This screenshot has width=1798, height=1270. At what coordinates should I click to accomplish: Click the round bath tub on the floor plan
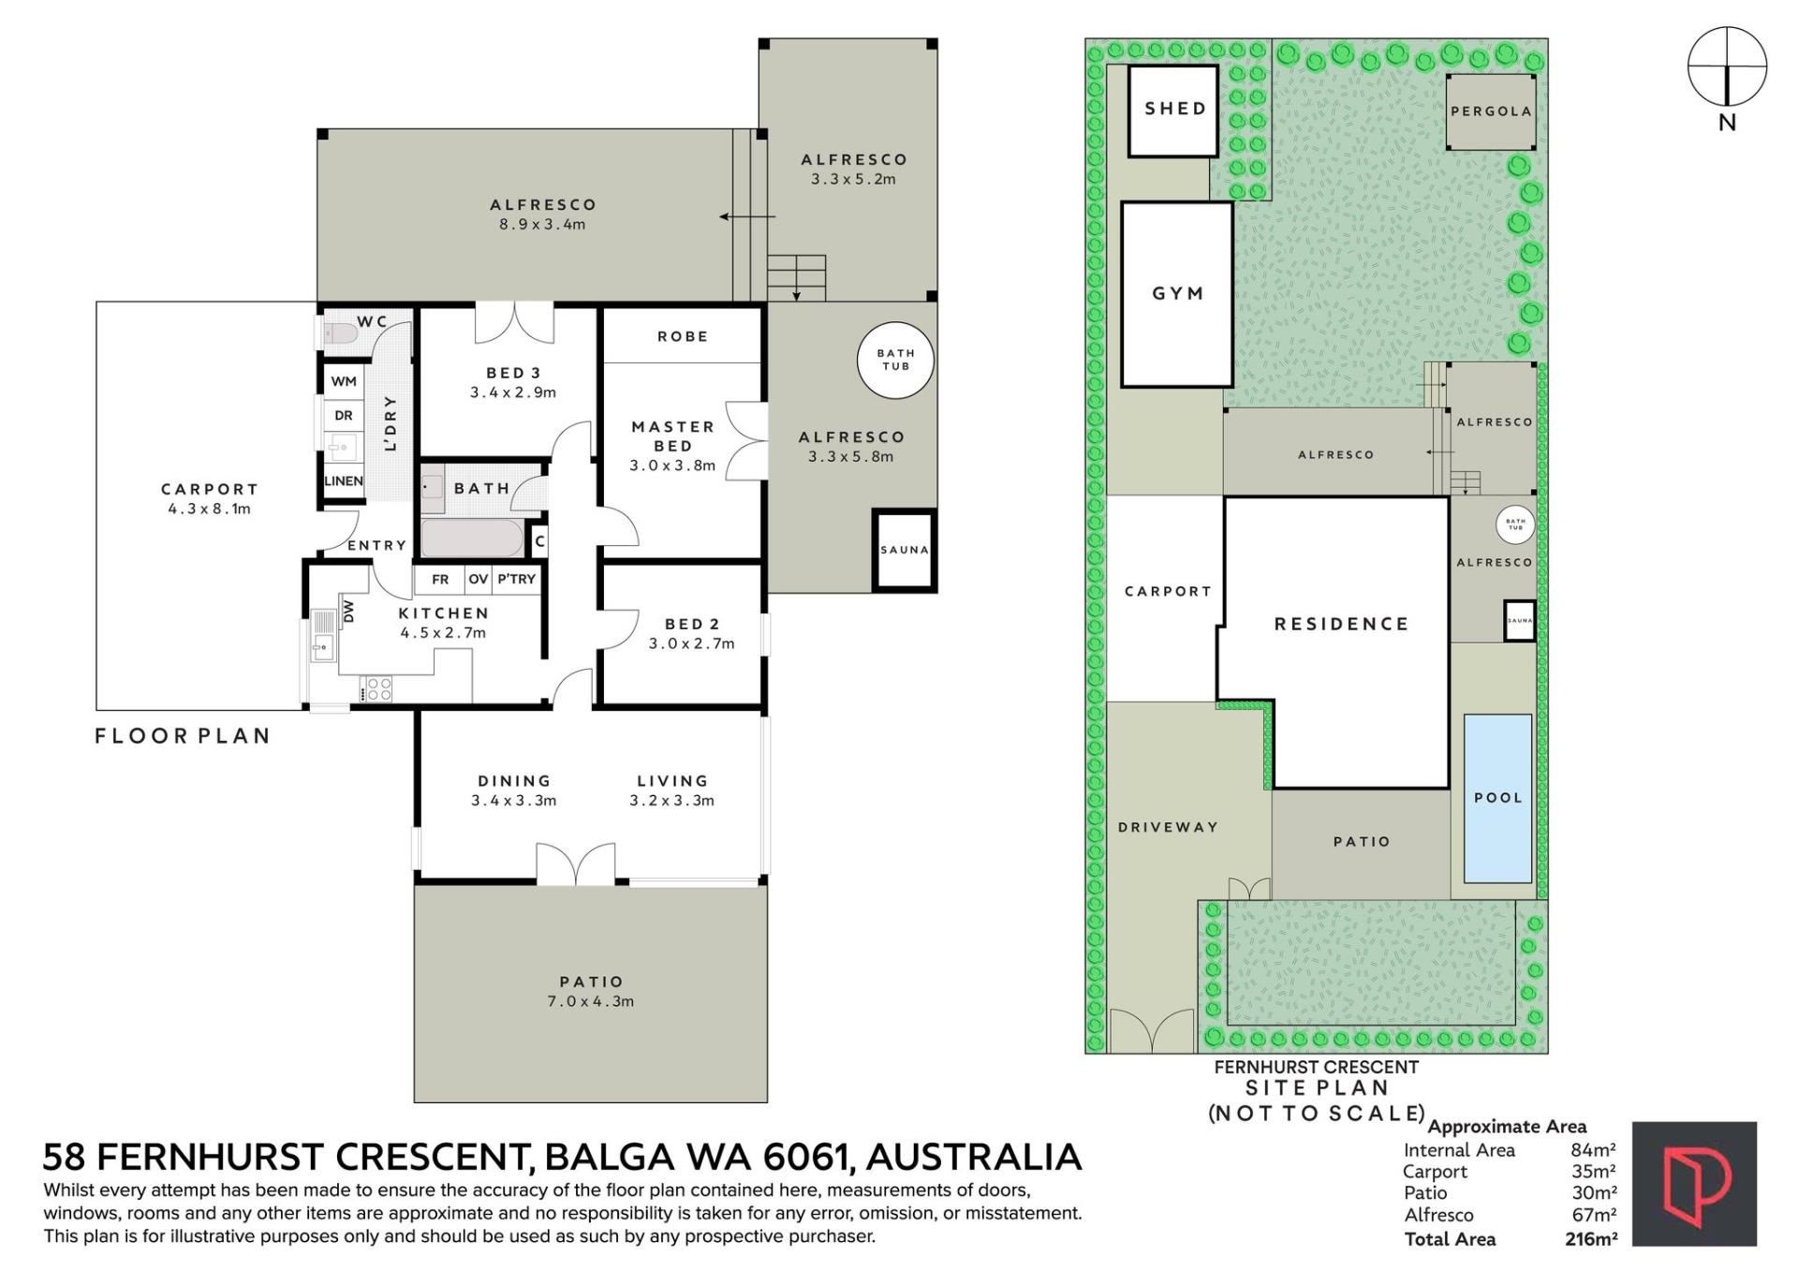[x=896, y=360]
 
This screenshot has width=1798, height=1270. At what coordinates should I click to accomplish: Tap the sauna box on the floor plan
[x=904, y=550]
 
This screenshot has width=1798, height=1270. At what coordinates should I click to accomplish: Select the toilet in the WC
[x=340, y=332]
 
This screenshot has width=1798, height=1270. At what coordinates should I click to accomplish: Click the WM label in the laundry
[x=344, y=381]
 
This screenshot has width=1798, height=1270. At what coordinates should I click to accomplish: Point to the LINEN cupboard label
[x=344, y=480]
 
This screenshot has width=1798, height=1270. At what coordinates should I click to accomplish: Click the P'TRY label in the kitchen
[x=516, y=579]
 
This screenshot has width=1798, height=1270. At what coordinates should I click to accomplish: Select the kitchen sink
[x=322, y=635]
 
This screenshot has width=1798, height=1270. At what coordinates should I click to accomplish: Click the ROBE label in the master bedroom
[x=683, y=336]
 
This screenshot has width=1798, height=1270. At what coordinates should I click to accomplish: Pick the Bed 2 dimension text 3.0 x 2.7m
[x=692, y=643]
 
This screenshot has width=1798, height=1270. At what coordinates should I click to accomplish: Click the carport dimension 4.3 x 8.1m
[x=210, y=509]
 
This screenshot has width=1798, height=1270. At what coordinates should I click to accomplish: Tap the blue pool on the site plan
[x=1497, y=798]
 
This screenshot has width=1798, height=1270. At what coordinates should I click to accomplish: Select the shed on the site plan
[x=1174, y=111]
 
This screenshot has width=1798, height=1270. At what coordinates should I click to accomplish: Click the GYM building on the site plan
[x=1177, y=294]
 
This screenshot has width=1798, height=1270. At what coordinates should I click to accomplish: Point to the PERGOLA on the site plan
[x=1492, y=111]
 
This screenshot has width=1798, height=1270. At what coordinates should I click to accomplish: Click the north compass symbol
[x=1727, y=67]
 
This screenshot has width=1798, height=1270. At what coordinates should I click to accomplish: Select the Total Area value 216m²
[x=1591, y=1239]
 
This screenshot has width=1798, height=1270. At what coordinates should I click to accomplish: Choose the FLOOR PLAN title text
[x=183, y=736]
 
